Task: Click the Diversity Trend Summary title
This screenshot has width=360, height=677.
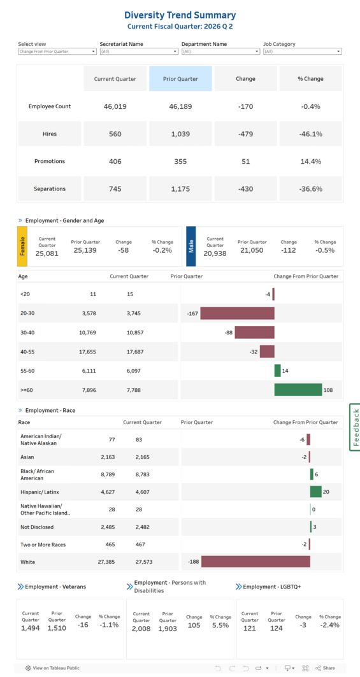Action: pos(180,15)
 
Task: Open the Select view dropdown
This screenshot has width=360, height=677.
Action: pos(57,52)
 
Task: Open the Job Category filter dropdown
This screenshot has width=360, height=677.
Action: pos(302,52)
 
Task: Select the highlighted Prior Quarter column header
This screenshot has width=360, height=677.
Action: pos(180,79)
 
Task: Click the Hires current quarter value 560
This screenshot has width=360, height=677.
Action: pos(115,134)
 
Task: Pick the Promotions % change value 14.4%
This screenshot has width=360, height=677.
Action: pos(311,162)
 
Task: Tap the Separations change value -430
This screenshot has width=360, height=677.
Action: pos(245,189)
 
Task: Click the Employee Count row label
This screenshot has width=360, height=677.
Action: pos(50,106)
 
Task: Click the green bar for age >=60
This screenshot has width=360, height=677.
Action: pos(298,390)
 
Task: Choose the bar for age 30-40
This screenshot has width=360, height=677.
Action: pos(254,332)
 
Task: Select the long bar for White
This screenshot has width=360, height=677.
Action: pos(256,562)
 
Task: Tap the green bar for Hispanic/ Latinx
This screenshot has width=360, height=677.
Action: pos(315,492)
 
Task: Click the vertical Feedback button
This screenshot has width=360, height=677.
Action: pos(355,427)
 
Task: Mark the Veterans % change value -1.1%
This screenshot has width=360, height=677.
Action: pos(109,625)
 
